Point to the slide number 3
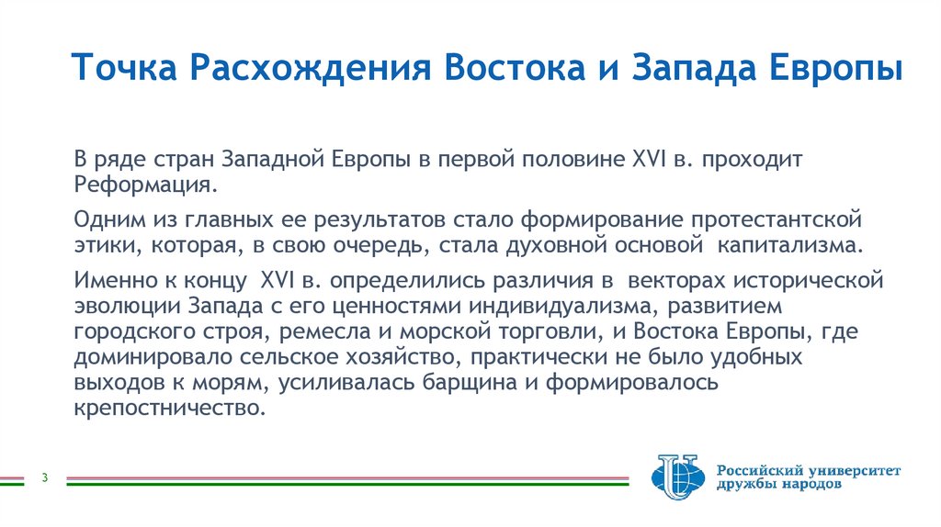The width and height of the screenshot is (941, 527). click(45, 477)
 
